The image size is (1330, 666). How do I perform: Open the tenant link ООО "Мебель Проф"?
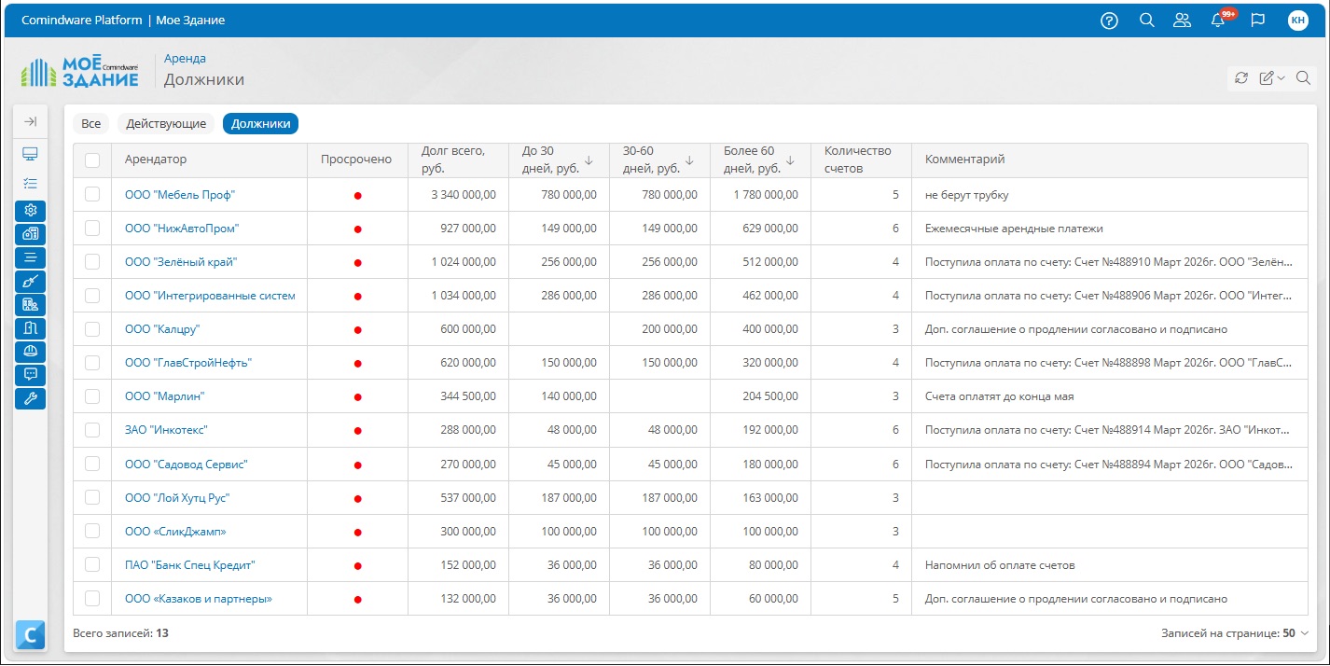179,195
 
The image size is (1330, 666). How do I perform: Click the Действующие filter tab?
166,123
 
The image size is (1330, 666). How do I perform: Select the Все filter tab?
90,123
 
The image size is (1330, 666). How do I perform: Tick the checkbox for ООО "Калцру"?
92,329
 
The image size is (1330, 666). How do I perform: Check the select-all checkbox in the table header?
92,160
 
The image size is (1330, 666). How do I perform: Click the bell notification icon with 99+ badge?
1219,20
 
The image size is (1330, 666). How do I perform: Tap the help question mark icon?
1109,21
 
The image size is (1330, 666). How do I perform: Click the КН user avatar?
1298,21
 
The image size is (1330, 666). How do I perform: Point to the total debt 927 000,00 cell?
468,229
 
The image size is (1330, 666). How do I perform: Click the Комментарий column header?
964,160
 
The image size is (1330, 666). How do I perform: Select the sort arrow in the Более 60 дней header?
790,160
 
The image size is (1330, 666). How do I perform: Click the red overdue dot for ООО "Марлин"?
357,397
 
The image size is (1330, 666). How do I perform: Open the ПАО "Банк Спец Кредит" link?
189,565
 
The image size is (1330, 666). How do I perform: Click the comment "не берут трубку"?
966,195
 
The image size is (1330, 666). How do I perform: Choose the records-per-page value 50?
1288,632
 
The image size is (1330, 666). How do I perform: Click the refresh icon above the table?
1241,77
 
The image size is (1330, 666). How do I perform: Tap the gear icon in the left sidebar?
30,210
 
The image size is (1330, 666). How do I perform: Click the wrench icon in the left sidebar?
30,398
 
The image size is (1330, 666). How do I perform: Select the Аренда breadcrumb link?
185,58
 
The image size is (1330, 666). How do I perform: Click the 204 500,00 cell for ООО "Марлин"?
770,396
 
